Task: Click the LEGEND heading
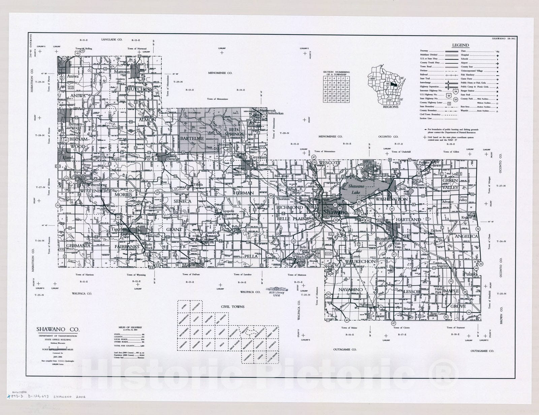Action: [460, 45]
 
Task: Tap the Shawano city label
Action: [335, 213]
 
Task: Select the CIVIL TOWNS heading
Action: [232, 307]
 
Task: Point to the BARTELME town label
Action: [191, 138]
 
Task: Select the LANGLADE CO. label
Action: [112, 40]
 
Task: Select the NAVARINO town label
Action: [351, 289]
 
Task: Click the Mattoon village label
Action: [121, 72]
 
